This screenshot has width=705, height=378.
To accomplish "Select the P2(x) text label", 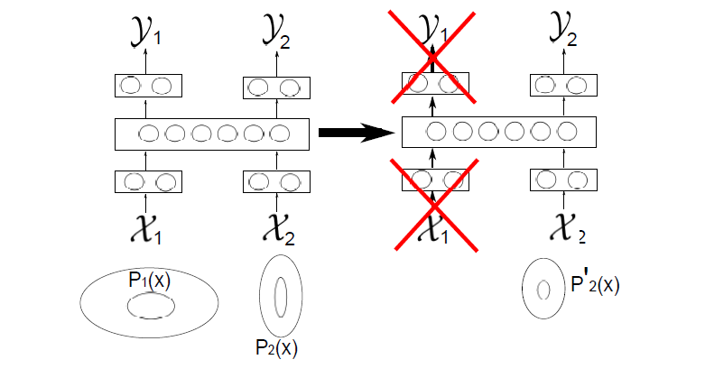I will coord(276,347).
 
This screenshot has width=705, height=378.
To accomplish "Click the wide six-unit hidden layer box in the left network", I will coord(212,134).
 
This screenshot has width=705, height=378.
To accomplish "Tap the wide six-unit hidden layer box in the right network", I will coord(498,133).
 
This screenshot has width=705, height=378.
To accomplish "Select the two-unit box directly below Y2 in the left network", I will coord(276,88).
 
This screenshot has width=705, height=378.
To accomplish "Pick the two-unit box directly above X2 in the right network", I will coord(561,180).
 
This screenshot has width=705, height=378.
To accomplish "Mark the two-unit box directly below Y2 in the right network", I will coord(561,85).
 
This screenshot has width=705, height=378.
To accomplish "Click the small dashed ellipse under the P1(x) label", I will coord(149,307).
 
